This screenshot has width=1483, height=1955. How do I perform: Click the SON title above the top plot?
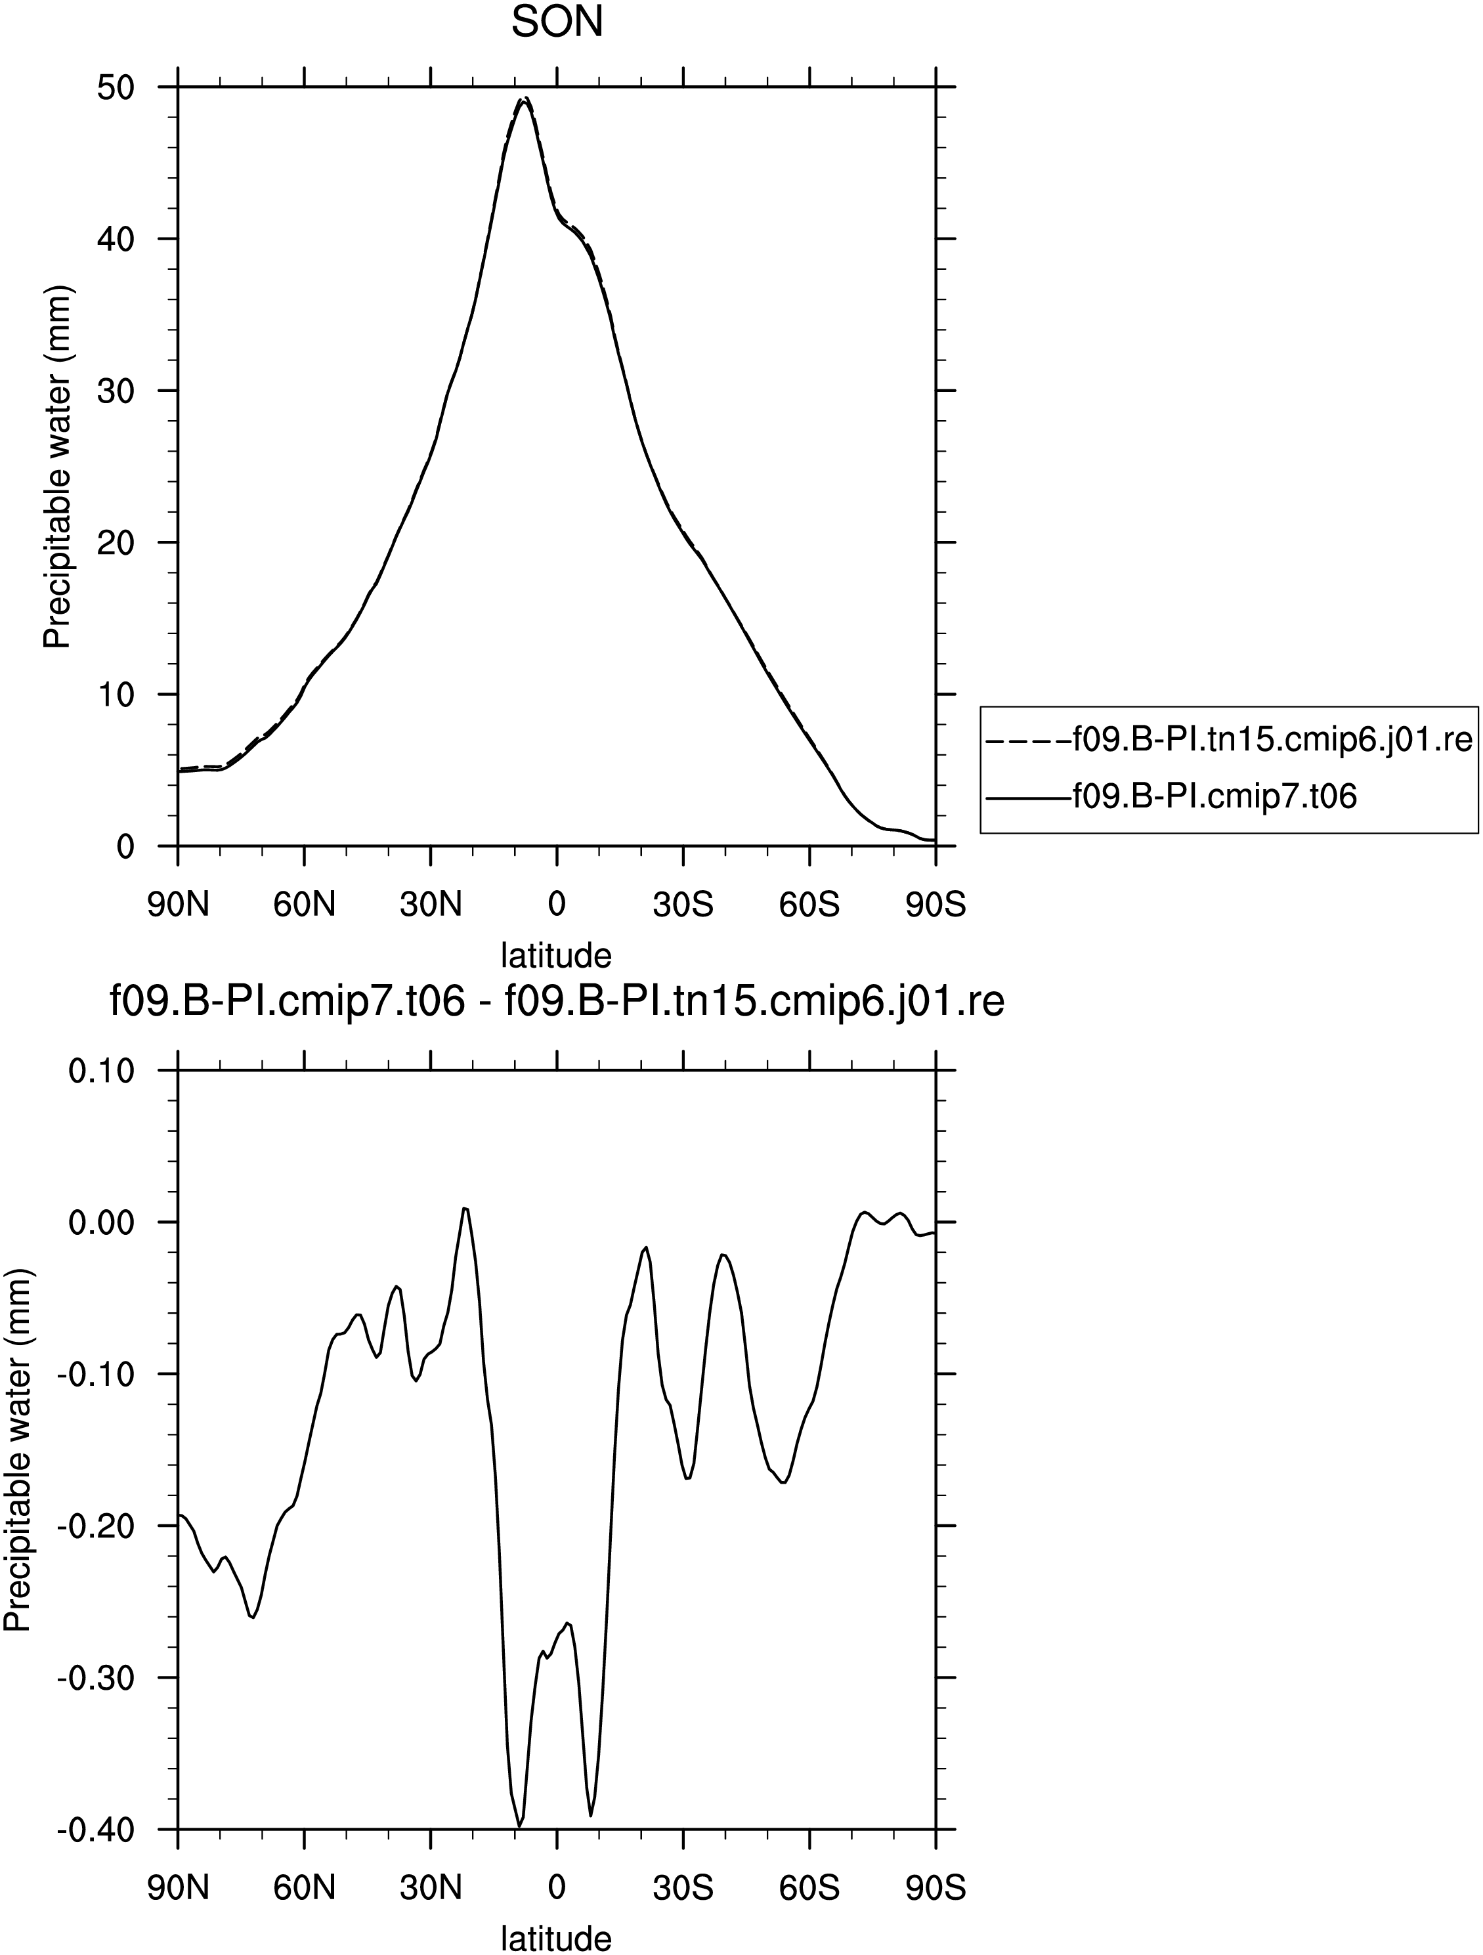click(557, 23)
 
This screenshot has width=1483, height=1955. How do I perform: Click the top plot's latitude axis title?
click(557, 955)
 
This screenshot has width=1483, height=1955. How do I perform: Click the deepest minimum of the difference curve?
click(519, 1825)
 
